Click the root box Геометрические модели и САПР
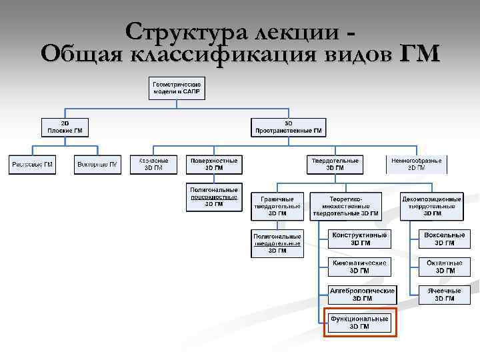click(177, 88)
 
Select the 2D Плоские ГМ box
click(65, 127)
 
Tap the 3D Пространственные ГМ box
click(288, 127)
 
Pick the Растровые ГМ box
click(33, 164)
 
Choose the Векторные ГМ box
click(97, 164)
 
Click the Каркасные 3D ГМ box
click(153, 164)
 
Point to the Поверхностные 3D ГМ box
click(214, 164)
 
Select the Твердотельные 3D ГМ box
click(335, 164)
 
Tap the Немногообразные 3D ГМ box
click(417, 164)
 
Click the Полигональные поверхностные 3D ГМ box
click(214, 197)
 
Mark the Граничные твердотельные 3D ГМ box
click(277, 206)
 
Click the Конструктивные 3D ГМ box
click(360, 239)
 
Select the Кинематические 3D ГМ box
click(360, 267)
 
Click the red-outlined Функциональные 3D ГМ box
click(360, 323)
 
